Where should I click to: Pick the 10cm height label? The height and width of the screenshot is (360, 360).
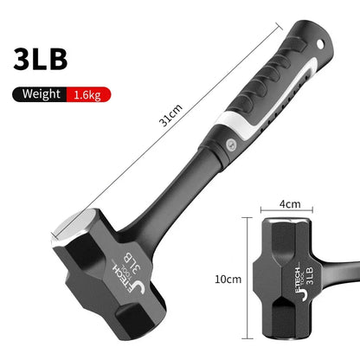228,279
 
